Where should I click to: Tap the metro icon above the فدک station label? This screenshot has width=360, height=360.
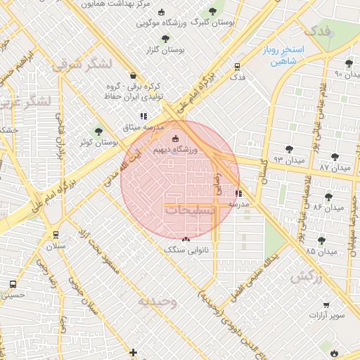click(x=237, y=67)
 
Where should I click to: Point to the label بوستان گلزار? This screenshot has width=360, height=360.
click(x=165, y=51)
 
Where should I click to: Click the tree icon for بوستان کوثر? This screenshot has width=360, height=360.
click(x=98, y=131)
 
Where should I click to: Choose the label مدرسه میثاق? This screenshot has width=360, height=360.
click(x=143, y=128)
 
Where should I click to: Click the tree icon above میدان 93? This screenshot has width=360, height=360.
click(x=289, y=149)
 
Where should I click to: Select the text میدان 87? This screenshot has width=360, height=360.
click(x=334, y=169)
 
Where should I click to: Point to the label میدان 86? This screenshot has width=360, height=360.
click(x=328, y=207)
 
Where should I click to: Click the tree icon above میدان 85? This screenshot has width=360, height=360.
click(x=321, y=240)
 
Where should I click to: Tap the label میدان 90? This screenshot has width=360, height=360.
click(x=348, y=74)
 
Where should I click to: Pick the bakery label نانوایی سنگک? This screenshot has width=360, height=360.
click(x=184, y=250)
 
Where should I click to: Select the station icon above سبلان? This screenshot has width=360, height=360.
click(x=56, y=235)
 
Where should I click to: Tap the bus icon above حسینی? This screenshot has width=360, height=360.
click(x=13, y=284)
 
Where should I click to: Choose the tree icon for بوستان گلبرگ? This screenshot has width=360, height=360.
click(x=213, y=11)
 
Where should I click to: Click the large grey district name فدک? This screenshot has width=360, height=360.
click(x=314, y=31)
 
